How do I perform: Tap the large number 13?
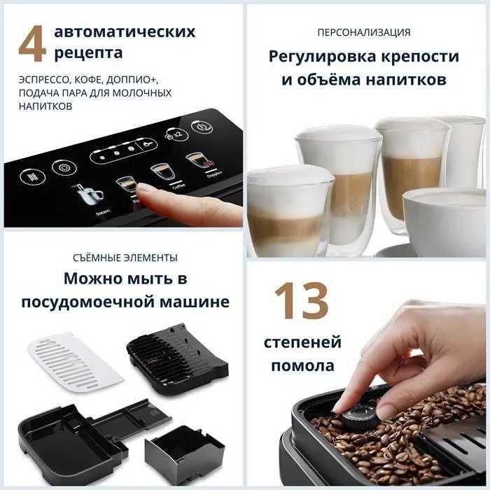pos(301,301)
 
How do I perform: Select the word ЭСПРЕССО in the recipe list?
pos(43,79)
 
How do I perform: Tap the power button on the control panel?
pos(203,129)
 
